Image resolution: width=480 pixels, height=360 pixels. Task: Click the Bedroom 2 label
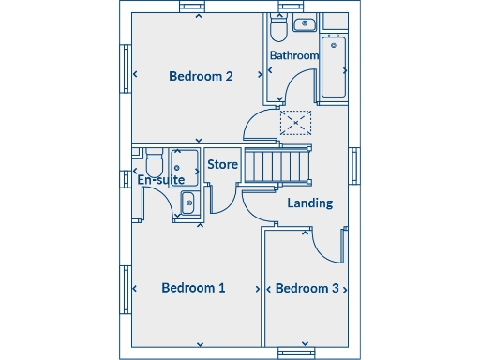(201, 76)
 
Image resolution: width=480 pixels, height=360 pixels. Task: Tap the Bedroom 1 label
(193, 288)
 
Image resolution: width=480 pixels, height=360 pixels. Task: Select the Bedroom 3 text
(307, 288)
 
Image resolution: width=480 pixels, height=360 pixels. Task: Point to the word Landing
(309, 202)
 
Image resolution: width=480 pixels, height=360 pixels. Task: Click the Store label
(222, 165)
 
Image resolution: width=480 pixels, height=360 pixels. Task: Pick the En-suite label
(160, 179)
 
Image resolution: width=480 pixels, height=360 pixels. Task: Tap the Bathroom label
(294, 55)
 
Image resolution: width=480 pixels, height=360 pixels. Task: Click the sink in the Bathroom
(305, 24)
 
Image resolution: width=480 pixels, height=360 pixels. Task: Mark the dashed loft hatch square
(294, 121)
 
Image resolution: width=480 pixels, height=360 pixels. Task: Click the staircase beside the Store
(276, 167)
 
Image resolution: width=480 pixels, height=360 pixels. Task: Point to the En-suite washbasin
(187, 201)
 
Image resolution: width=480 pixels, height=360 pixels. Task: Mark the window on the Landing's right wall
(355, 167)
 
